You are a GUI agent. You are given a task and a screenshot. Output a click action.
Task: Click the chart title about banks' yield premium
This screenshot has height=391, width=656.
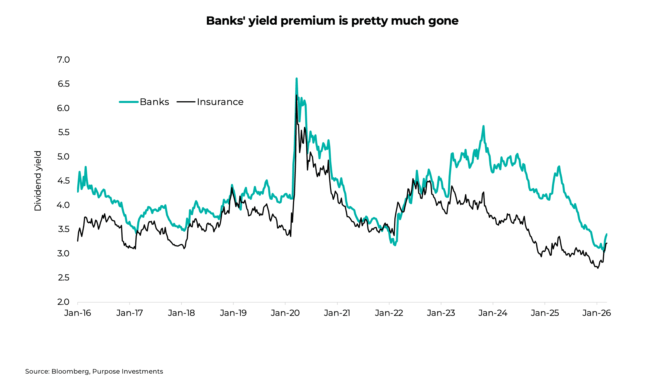pos(332,21)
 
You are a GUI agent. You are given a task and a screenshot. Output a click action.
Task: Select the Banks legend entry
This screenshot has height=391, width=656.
pos(154,102)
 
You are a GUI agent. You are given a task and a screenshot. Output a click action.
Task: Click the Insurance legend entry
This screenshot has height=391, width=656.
pos(220,102)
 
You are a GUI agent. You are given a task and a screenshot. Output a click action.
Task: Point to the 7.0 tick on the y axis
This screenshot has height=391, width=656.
pos(63,60)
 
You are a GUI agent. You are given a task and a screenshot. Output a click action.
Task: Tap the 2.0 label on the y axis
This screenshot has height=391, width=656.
pos(63,302)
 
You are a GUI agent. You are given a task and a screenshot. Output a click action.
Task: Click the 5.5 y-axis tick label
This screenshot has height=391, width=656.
pos(63,133)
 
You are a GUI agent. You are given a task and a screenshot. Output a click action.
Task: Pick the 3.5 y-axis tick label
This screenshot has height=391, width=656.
pos(63,229)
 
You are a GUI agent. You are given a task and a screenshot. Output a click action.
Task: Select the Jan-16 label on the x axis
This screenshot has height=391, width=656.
pos(78,313)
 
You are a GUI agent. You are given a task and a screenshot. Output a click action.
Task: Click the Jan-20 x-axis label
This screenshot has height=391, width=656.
pos(285,313)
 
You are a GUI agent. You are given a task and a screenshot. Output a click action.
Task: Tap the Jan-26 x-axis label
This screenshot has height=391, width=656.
pos(597,313)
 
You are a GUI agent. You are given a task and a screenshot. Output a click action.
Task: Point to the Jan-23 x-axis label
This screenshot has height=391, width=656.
pos(441,313)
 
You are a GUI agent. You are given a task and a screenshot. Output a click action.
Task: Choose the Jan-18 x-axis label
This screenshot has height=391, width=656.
pos(181,313)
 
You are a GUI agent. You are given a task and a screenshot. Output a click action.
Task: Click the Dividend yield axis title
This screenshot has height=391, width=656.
pos(38,181)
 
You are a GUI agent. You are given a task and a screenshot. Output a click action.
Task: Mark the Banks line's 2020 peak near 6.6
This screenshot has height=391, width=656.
pos(296,79)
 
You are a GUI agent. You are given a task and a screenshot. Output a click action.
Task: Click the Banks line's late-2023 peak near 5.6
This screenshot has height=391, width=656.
pos(483,126)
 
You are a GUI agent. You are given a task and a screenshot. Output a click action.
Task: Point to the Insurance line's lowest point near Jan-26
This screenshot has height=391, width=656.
pos(598,268)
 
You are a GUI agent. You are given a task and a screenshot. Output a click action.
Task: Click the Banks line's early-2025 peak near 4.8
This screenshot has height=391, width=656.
pos(559,166)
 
